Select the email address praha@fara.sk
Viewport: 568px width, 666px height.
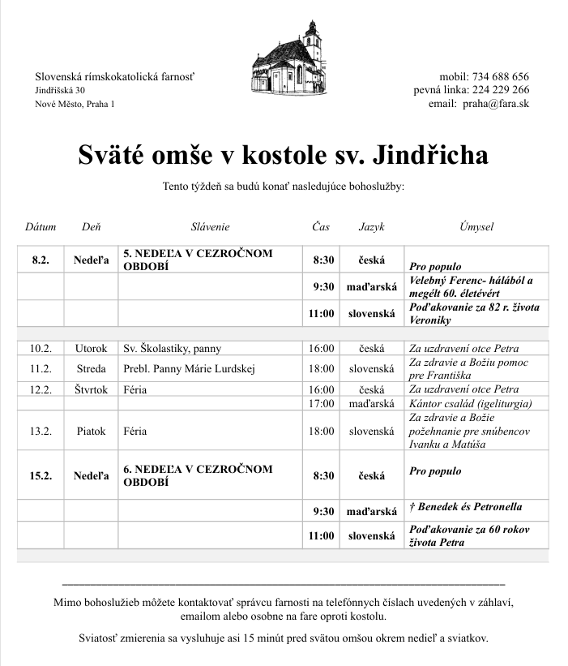(x=502, y=104)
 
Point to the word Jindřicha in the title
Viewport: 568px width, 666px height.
(x=421, y=154)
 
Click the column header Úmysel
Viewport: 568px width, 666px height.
(x=476, y=227)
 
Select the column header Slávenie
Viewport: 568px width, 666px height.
(x=210, y=227)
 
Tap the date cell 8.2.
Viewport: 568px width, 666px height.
(x=41, y=260)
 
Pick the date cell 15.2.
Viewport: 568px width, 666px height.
(x=41, y=475)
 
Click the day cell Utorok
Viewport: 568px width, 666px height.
(x=91, y=349)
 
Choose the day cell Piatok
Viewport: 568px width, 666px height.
(x=91, y=432)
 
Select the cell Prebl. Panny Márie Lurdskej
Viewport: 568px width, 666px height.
(x=189, y=369)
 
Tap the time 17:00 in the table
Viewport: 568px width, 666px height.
(x=321, y=403)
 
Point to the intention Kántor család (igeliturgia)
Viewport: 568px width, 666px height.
(x=471, y=403)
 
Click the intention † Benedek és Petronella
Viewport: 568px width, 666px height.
(x=465, y=507)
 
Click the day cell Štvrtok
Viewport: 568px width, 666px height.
(x=91, y=389)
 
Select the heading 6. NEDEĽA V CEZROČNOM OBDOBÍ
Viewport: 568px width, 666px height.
(x=198, y=475)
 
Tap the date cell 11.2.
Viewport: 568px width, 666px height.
(x=41, y=369)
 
